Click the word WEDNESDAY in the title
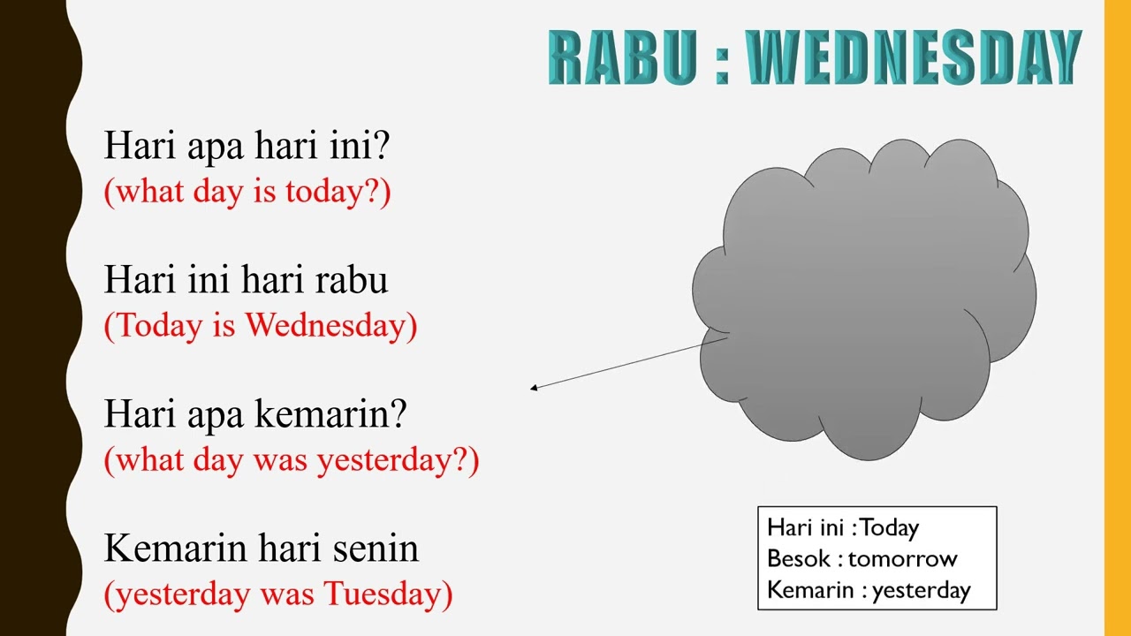(x=914, y=57)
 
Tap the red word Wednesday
(x=325, y=325)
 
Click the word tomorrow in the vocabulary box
(x=902, y=559)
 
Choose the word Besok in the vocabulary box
(x=799, y=559)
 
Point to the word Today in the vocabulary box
(x=890, y=528)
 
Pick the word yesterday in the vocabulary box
(x=921, y=590)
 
